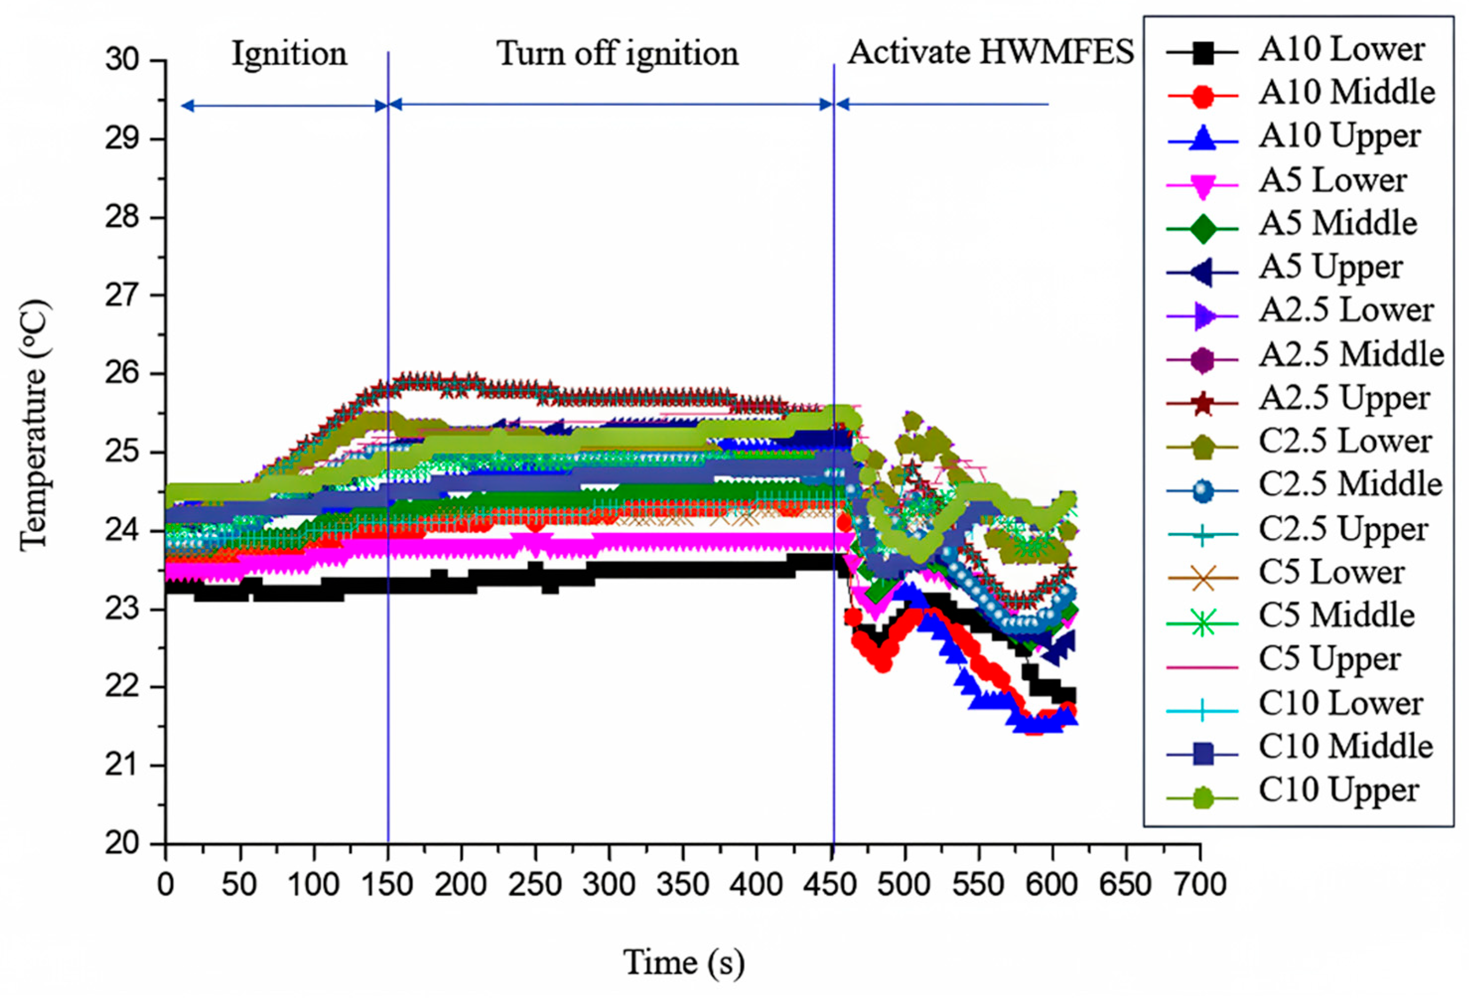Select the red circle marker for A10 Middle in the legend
[x=1203, y=96]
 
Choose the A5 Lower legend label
[x=1333, y=181]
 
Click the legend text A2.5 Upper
[x=1344, y=398]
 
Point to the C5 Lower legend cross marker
[x=1203, y=578]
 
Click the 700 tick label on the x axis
[x=1200, y=884]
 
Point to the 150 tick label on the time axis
[x=388, y=884]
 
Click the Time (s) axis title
[x=684, y=962]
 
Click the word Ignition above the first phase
[x=289, y=54]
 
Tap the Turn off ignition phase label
[x=617, y=54]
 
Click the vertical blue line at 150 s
[x=388, y=253]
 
